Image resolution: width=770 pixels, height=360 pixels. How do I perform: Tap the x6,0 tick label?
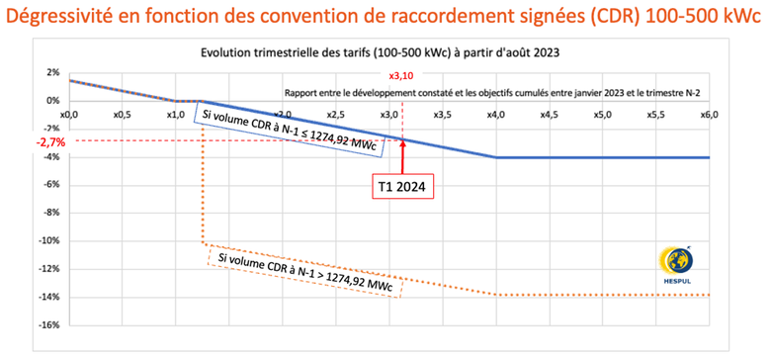coord(709,114)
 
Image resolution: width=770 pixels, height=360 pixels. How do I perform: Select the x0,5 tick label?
coord(122,114)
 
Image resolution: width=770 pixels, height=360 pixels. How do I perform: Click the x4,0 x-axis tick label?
coord(495,114)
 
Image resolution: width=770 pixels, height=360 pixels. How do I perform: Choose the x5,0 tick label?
coord(602,114)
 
